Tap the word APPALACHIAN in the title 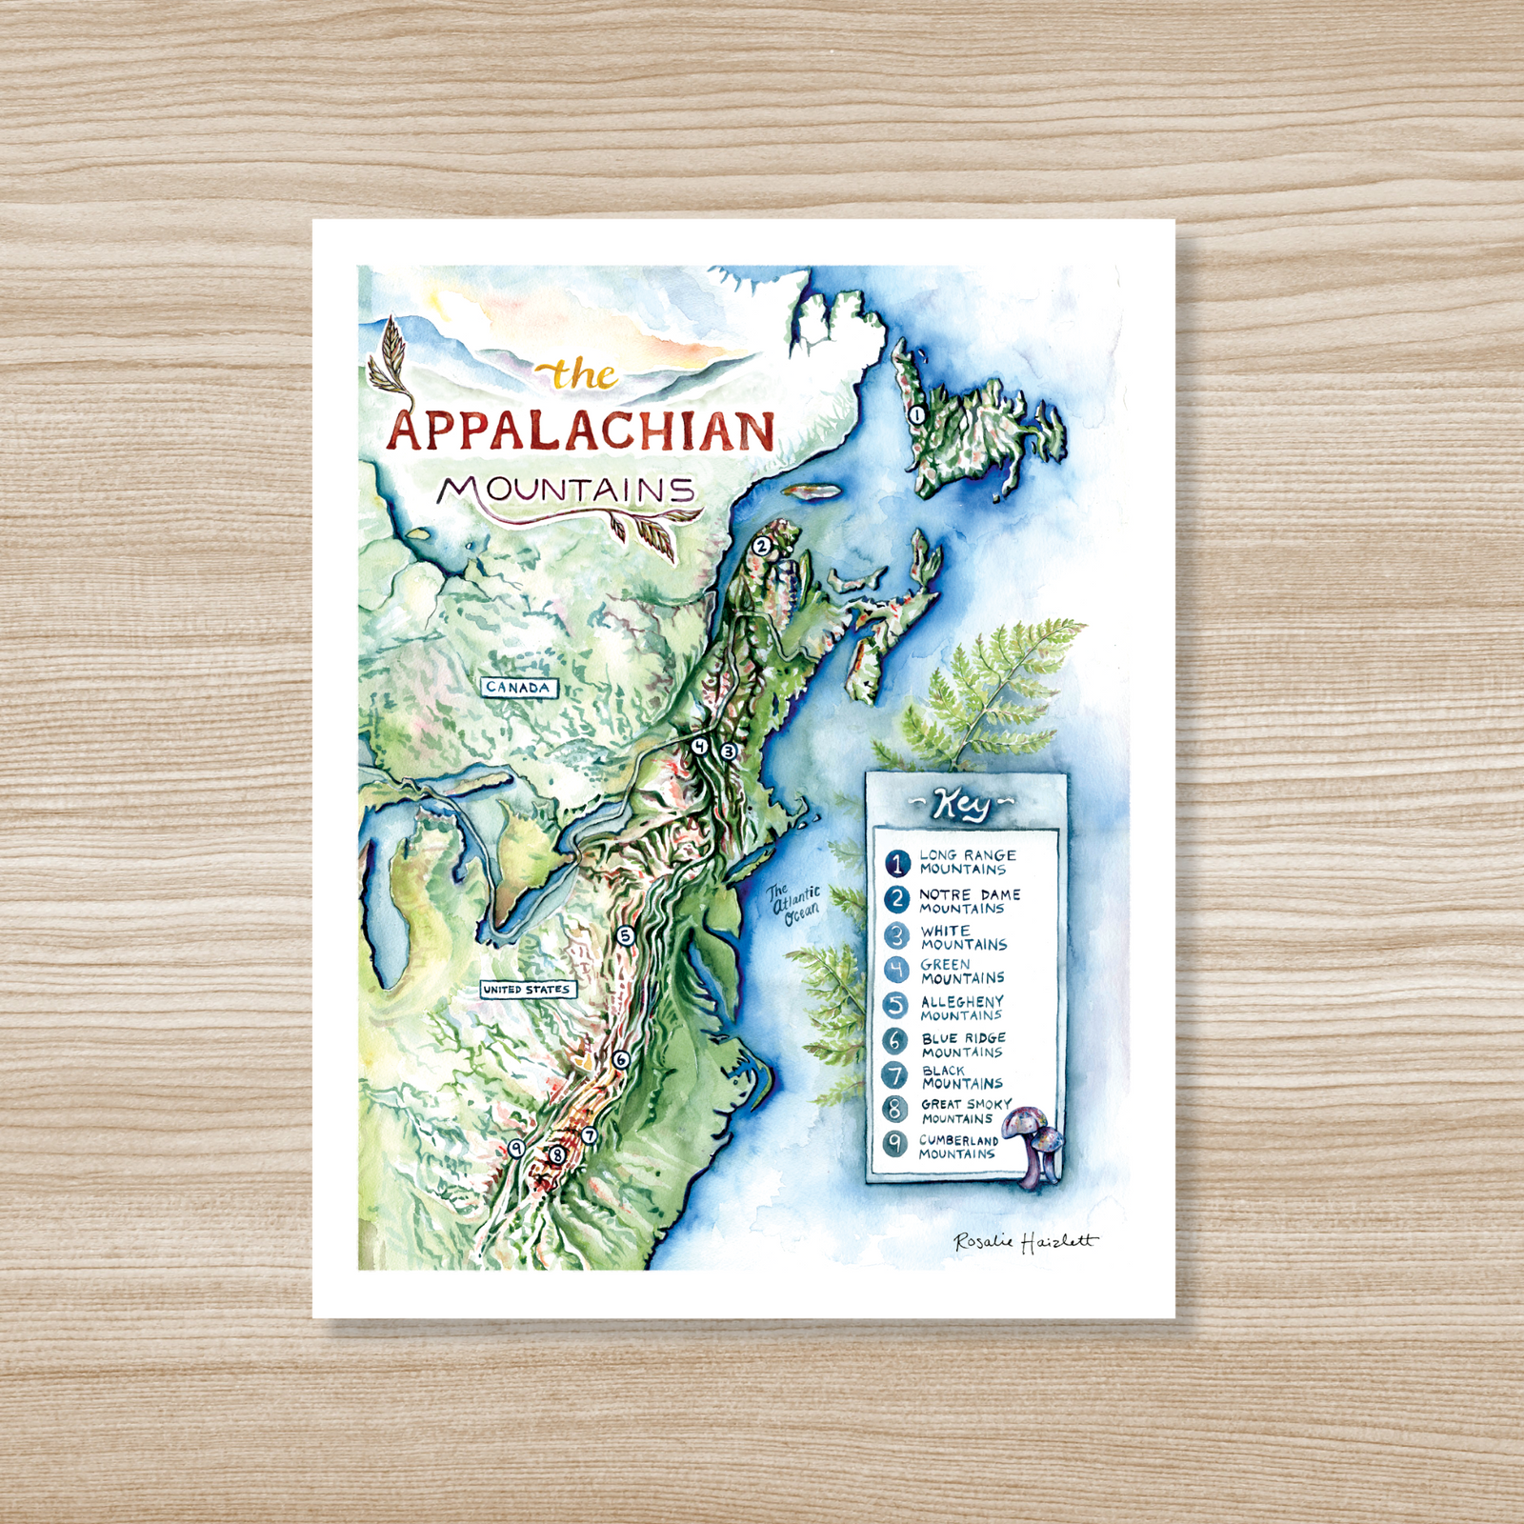[580, 431]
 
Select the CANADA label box [517, 687]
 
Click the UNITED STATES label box [527, 990]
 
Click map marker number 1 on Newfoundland [915, 415]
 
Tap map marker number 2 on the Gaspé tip [761, 546]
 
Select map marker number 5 [625, 935]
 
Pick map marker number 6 [621, 1059]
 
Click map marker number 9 [515, 1149]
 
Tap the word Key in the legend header [963, 804]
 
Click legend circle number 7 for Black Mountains [894, 1076]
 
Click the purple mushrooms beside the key [1036, 1143]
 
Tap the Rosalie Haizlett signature [1025, 1241]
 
